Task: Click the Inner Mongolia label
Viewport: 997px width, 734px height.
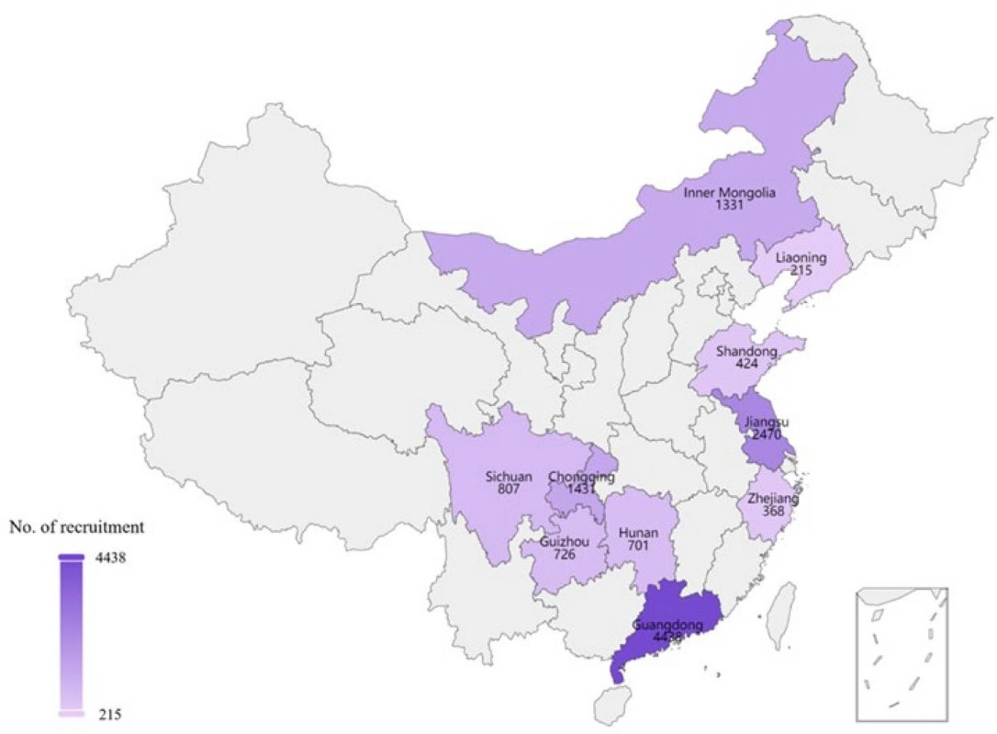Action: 730,193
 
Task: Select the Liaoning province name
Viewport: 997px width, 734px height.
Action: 801,258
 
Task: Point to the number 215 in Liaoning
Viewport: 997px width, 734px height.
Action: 801,272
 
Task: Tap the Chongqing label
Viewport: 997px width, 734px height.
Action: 581,477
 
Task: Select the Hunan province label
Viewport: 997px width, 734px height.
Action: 638,533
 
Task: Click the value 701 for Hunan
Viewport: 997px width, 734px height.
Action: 638,547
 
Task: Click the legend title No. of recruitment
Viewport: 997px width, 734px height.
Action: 76,527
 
